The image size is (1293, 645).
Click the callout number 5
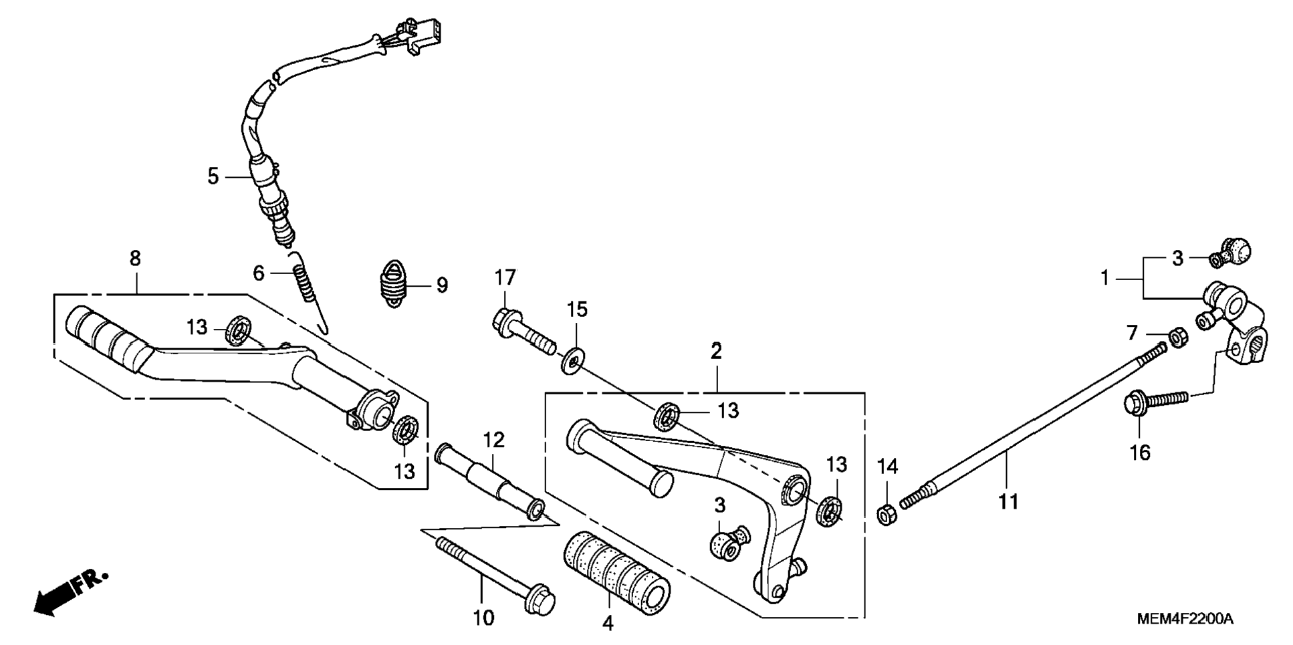(213, 176)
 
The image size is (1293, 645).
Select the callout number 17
(505, 277)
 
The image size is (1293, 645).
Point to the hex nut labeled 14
(887, 515)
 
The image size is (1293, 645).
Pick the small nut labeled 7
(1179, 338)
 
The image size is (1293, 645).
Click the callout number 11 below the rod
(1008, 501)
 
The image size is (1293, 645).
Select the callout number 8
(135, 259)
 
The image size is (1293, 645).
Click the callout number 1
(1105, 277)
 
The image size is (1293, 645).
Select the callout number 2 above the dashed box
(716, 351)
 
